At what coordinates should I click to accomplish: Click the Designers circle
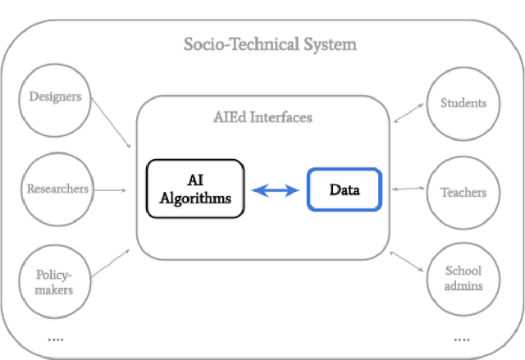[x=56, y=98]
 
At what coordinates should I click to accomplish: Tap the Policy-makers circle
[x=56, y=280]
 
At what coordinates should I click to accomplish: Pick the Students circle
[x=463, y=103]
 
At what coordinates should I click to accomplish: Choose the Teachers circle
[x=463, y=194]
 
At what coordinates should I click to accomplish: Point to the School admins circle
[x=463, y=279]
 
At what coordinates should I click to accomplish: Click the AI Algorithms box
[x=195, y=189]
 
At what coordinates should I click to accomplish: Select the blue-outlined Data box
[x=345, y=189]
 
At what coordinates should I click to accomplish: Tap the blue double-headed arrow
[x=276, y=190]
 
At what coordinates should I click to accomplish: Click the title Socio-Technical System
[x=271, y=43]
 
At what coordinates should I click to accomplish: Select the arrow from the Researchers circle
[x=110, y=190]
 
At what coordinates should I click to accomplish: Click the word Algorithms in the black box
[x=195, y=198]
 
